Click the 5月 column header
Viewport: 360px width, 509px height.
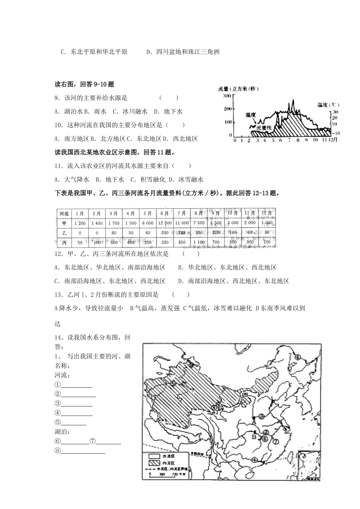(148, 213)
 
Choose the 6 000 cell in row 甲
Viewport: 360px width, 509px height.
(148, 223)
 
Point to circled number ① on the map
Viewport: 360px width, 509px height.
(298, 357)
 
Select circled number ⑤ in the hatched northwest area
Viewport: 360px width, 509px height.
(173, 383)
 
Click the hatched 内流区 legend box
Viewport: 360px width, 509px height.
(155, 463)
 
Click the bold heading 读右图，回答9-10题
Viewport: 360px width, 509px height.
(85, 84)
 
